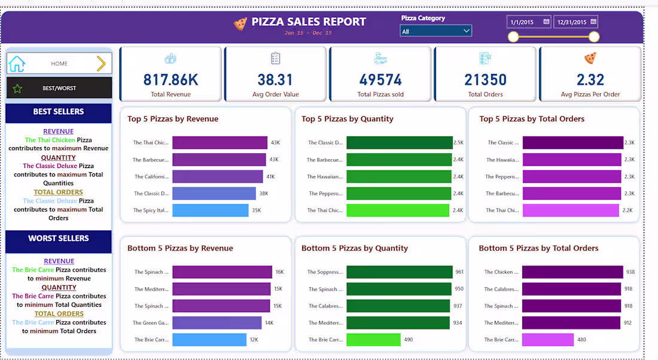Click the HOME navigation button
point(59,63)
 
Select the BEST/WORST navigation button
point(59,88)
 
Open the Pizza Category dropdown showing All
point(435,31)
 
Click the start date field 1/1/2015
point(529,22)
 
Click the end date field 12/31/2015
point(575,22)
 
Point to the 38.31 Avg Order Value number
point(275,80)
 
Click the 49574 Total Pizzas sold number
point(380,80)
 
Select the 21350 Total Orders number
point(485,80)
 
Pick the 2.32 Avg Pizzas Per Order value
point(590,80)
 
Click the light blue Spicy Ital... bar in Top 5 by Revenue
point(210,210)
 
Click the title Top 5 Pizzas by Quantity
point(347,119)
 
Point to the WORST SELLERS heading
point(59,239)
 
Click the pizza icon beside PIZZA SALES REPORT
point(240,23)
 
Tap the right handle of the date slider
point(593,37)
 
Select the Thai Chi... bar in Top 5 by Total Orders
point(570,210)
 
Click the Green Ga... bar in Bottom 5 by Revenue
point(217,323)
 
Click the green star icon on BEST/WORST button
point(17,89)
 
